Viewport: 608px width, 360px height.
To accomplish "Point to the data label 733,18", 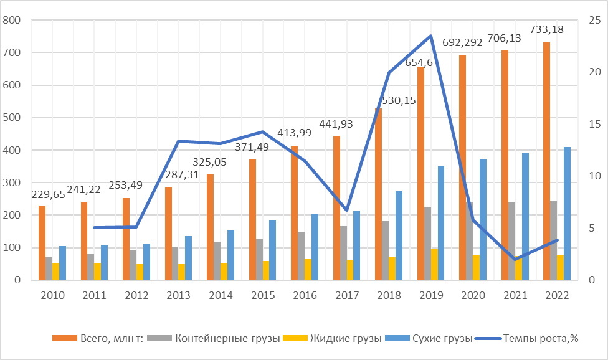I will point(546,29).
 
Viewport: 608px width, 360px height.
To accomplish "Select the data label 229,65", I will point(48,194).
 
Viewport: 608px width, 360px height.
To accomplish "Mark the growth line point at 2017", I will point(347,211).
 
